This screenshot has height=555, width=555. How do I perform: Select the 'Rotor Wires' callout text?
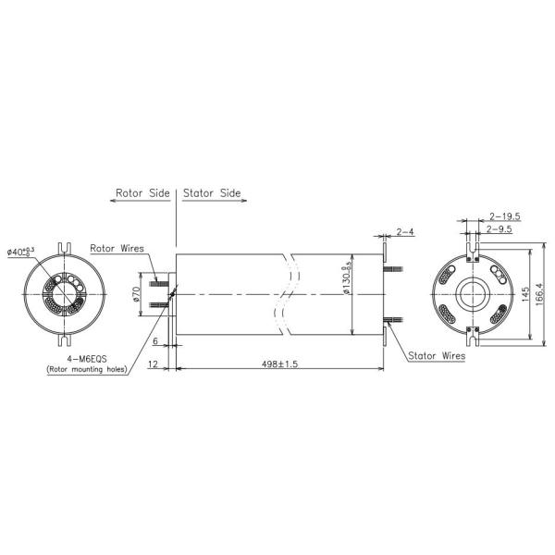(117, 249)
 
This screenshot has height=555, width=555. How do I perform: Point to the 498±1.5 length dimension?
(276, 364)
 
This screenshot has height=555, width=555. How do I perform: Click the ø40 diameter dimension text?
(20, 252)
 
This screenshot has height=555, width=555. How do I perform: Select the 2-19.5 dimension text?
(504, 216)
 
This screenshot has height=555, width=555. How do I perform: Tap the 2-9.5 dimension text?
(500, 228)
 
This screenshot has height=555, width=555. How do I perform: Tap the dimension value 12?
(153, 364)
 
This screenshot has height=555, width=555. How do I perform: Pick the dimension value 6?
(156, 341)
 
